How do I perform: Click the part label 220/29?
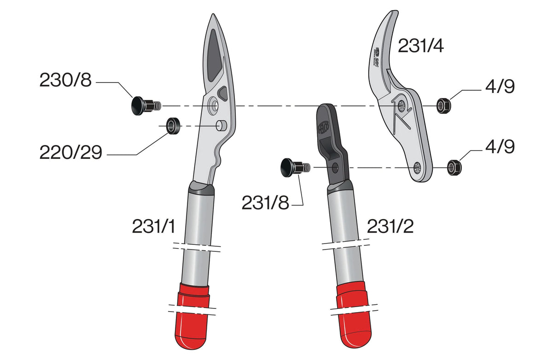[x=70, y=152]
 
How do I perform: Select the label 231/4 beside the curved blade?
[x=420, y=46]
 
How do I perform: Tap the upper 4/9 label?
[x=499, y=87]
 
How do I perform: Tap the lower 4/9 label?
[x=499, y=147]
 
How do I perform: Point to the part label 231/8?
[x=265, y=203]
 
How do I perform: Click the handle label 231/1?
[x=153, y=226]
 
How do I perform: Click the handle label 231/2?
[x=390, y=226]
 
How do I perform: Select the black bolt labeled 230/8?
[x=140, y=105]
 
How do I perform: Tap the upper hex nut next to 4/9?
[x=443, y=106]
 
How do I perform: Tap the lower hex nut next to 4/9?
[x=454, y=168]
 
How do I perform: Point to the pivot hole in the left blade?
[x=214, y=105]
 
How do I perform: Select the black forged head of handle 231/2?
[x=329, y=134]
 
